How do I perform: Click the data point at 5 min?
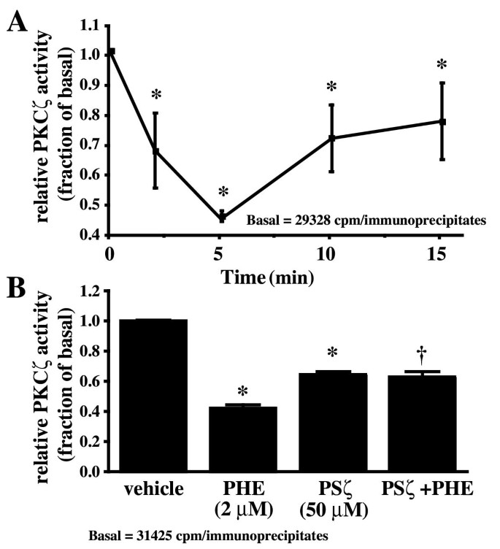pos(223,217)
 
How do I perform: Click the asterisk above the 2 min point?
pos(156,96)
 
